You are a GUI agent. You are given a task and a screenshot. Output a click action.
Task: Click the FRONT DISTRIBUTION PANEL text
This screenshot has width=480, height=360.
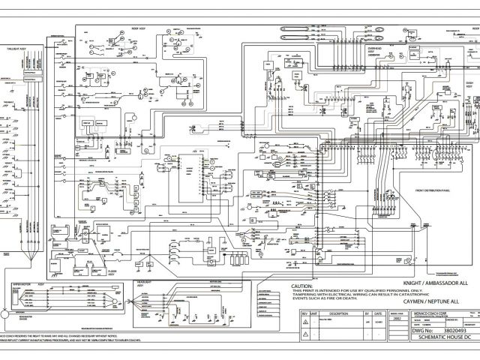tap(434, 191)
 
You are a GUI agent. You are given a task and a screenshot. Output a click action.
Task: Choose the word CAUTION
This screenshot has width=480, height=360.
tap(302, 286)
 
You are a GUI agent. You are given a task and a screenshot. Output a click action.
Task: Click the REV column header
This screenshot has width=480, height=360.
tap(304, 313)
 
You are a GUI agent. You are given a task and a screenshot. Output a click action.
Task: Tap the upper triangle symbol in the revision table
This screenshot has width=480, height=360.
tap(304, 322)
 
